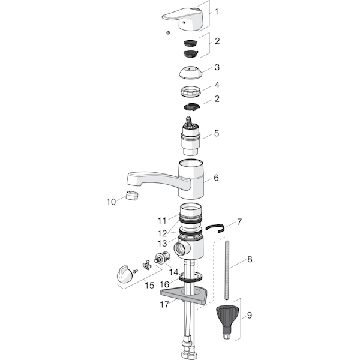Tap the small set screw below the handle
coord(168,33)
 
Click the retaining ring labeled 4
coord(191,91)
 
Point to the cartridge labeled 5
coord(190,137)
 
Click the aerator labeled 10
coord(132,196)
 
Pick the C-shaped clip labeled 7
coord(215,228)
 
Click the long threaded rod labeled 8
coord(227,270)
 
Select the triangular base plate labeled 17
coord(184,295)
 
